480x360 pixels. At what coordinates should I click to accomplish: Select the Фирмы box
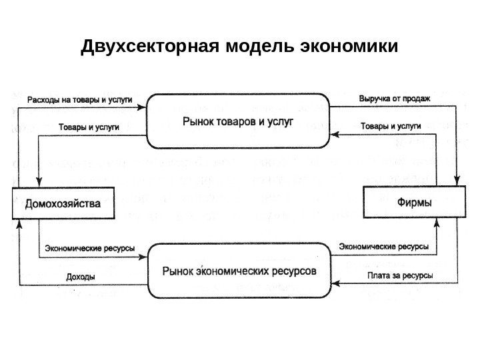tap(413, 201)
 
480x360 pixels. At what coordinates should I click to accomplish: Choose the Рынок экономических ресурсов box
tap(239, 272)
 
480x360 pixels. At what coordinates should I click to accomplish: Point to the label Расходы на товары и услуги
tap(79, 100)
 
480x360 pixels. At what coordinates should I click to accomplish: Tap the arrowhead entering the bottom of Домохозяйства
tap(21, 224)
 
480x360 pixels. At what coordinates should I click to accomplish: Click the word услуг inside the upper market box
tap(280, 122)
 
